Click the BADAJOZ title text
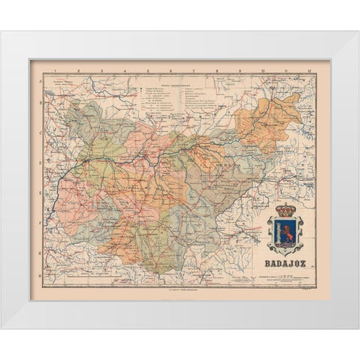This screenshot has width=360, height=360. tap(285, 262)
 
